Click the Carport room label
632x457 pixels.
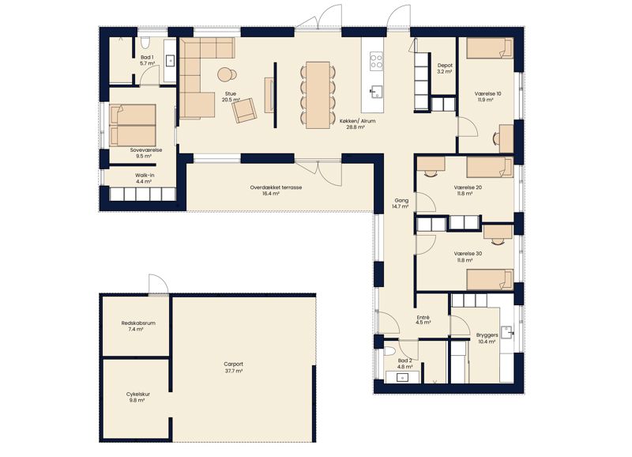point(234,364)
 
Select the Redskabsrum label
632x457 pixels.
point(138,323)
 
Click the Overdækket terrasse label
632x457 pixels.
point(276,187)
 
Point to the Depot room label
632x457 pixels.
point(445,66)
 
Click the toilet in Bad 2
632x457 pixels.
point(389,349)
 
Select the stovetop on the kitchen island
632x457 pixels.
point(377,62)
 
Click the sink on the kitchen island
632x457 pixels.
point(377,92)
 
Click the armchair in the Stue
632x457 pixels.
point(244,111)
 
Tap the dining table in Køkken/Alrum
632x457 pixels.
point(318,95)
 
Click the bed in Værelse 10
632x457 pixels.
point(490,48)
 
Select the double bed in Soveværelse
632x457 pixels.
point(133,126)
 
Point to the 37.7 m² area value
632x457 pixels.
point(234,371)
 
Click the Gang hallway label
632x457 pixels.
point(401,201)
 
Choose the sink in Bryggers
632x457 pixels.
point(506,332)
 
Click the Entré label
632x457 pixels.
point(423,317)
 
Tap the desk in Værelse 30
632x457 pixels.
point(498,232)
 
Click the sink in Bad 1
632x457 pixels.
point(171,61)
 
